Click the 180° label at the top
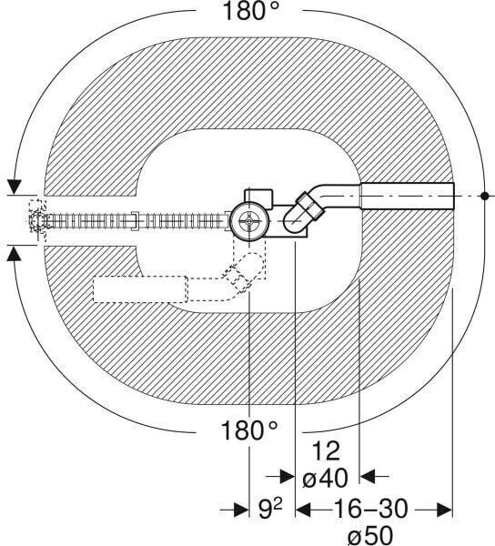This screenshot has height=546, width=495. pyautogui.click(x=250, y=10)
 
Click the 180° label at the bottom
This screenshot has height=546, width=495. pyautogui.click(x=249, y=430)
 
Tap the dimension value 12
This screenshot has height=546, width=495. pyautogui.click(x=326, y=451)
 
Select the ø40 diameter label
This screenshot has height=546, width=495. pyautogui.click(x=325, y=478)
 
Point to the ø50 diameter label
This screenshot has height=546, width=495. pyautogui.click(x=370, y=535)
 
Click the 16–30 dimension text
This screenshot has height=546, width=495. pyautogui.click(x=370, y=509)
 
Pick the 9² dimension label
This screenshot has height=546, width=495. pyautogui.click(x=270, y=509)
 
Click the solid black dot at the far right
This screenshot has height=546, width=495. pyautogui.click(x=484, y=196)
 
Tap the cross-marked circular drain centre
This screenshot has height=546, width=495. pyautogui.click(x=249, y=221)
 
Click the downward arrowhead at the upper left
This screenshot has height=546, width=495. pyautogui.click(x=15, y=187)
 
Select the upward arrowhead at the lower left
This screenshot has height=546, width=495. pyautogui.click(x=15, y=253)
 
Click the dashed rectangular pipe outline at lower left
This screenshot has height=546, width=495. pyautogui.click(x=141, y=289)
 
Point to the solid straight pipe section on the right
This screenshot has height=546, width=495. pyautogui.click(x=408, y=196)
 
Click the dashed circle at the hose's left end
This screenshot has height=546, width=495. pyautogui.click(x=37, y=221)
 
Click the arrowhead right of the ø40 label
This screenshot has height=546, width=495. pyautogui.click(x=368, y=477)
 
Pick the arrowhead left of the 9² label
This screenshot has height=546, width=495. pyautogui.click(x=241, y=511)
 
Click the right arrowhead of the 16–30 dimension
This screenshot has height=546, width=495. pyautogui.click(x=444, y=511)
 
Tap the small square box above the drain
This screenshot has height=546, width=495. pyautogui.click(x=258, y=198)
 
